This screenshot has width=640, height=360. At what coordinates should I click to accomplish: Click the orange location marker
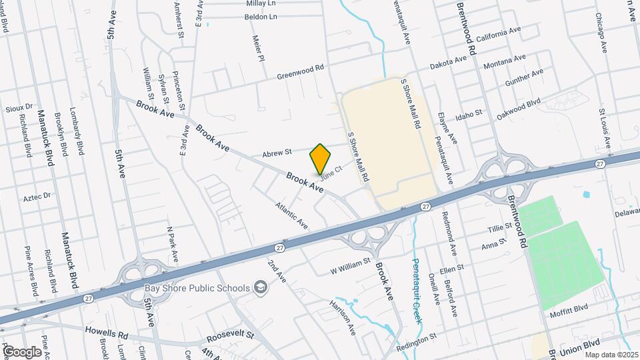[321, 159]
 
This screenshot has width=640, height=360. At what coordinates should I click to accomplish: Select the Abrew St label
[277, 152]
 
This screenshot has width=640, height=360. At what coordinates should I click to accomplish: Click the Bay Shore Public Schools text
[197, 288]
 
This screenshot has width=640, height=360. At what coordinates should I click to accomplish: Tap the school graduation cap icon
[260, 288]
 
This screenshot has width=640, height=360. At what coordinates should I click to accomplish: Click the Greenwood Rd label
[300, 72]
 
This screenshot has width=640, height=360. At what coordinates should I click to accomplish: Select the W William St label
[349, 266]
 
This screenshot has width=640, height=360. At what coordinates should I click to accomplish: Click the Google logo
[21, 351]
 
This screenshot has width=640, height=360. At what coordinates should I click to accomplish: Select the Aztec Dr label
[37, 197]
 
